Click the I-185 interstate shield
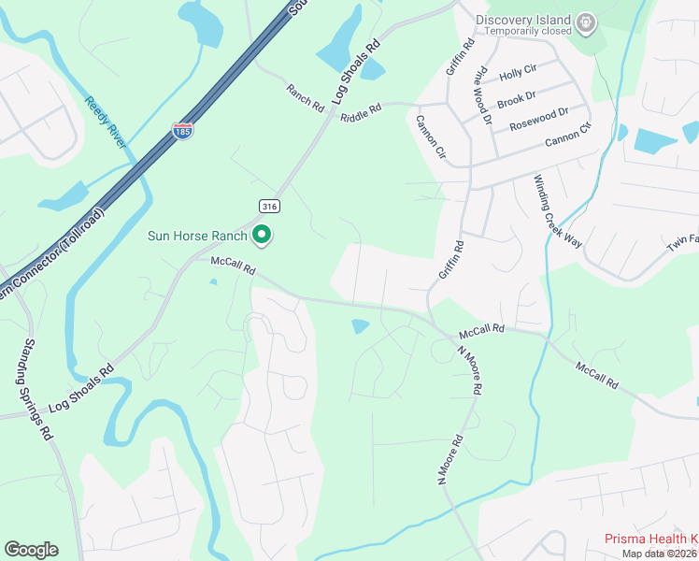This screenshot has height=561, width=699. click(x=182, y=131)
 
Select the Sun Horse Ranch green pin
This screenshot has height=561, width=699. click(x=263, y=236)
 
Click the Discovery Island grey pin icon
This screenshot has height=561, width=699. click(x=585, y=22)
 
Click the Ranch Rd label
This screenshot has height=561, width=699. click(x=305, y=93)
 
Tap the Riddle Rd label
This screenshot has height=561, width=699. click(x=362, y=111)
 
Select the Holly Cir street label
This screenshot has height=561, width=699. click(x=518, y=72)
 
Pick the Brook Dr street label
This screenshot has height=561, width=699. click(x=516, y=98)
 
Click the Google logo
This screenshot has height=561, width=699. click(x=31, y=550)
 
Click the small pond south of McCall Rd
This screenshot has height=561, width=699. click(x=360, y=326)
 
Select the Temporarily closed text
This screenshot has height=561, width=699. click(x=524, y=31)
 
